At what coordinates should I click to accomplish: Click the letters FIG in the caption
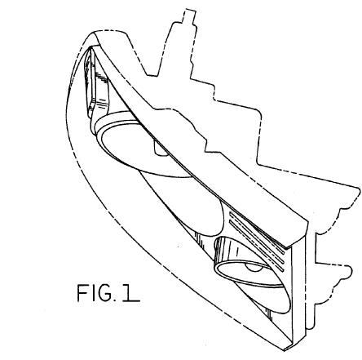95,293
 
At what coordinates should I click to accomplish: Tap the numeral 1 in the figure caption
128,293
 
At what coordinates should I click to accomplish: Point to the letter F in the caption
82,293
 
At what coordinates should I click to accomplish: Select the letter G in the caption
104,293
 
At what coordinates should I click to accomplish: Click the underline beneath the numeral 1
131,300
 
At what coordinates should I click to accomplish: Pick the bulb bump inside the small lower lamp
254,268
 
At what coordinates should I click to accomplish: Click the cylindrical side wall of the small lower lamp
234,251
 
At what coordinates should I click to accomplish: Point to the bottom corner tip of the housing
285,350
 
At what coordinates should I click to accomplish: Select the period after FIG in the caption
115,300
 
